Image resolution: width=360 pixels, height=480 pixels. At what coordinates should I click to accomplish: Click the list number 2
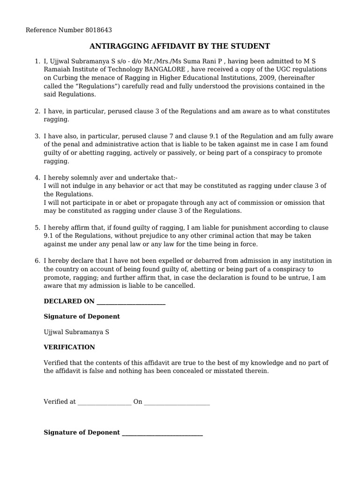point(37,111)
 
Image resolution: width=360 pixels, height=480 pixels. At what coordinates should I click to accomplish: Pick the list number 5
point(37,227)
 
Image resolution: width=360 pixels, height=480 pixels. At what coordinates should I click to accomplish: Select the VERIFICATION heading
point(69,347)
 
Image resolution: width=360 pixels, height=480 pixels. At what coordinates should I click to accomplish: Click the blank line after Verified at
point(105,403)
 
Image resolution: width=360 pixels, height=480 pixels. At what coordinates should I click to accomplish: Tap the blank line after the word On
point(177,403)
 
